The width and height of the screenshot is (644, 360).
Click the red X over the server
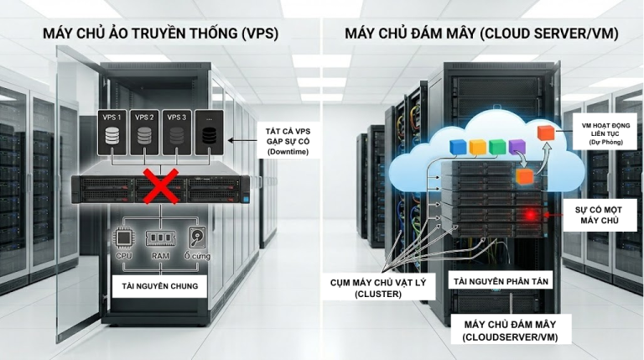click(153, 187)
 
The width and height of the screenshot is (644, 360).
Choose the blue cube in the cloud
click(457, 148)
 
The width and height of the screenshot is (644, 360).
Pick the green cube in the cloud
click(497, 147)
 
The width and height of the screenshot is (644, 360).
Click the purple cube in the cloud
click(517, 149)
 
